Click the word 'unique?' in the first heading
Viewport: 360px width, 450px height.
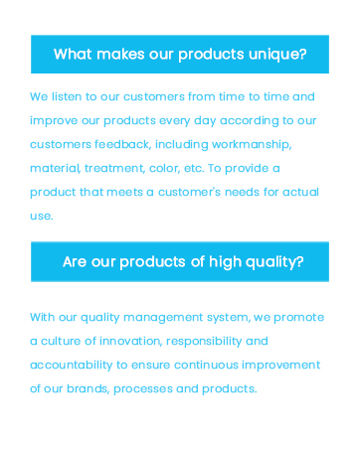276,54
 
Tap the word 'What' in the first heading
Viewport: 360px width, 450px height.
73,54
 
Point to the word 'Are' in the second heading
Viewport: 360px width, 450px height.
76,262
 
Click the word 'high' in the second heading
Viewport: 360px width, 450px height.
226,262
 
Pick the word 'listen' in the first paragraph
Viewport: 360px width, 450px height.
67,97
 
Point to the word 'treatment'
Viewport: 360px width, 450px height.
117,168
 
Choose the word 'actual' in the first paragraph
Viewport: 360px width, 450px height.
297,192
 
